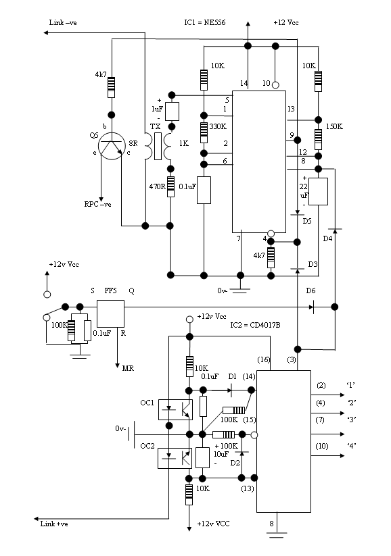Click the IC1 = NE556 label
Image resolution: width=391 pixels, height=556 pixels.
(x=204, y=22)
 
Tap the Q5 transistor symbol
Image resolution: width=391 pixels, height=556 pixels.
(x=112, y=146)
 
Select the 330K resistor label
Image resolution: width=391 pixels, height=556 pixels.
(x=218, y=126)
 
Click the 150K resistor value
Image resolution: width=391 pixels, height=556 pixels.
(x=334, y=126)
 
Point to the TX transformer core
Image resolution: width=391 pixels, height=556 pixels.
(x=158, y=147)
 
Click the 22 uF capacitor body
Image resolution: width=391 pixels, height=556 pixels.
(x=318, y=191)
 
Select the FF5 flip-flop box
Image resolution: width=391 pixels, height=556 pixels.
(x=111, y=313)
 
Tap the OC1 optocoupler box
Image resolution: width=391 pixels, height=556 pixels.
(x=175, y=410)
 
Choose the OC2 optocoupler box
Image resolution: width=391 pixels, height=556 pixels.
(x=175, y=458)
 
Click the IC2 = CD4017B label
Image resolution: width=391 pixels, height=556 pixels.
(x=255, y=325)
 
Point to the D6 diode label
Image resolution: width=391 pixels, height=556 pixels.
(x=310, y=290)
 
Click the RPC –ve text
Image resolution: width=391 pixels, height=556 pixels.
(x=97, y=204)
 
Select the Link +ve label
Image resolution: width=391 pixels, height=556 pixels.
(x=54, y=524)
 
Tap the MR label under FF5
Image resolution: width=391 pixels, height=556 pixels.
(x=128, y=368)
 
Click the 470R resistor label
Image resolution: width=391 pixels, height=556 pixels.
(x=157, y=186)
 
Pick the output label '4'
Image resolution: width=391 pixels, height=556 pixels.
(x=352, y=445)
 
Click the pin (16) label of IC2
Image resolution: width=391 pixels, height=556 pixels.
(x=264, y=359)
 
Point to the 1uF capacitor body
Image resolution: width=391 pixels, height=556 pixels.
(x=172, y=111)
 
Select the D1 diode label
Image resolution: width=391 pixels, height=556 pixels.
(x=232, y=376)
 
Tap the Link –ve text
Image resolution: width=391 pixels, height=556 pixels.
(x=63, y=22)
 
